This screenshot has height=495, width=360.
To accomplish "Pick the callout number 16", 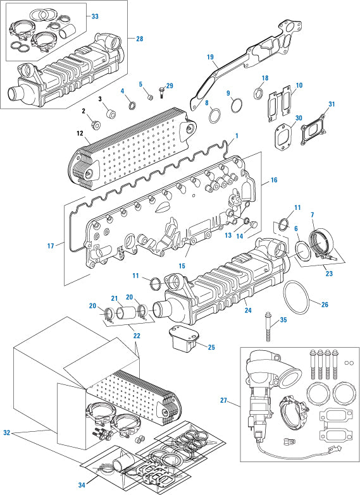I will pos(273,180).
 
